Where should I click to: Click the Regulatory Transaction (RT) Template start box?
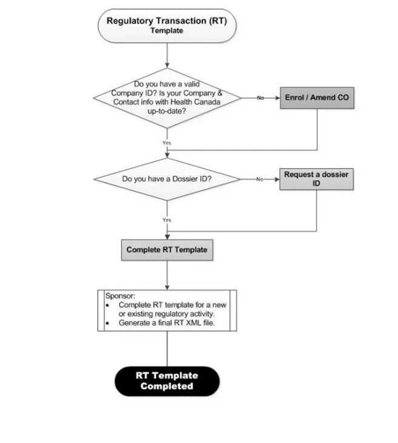point(167,25)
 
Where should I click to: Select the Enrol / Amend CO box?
point(317,98)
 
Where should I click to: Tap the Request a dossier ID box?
point(316,179)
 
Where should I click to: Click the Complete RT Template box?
point(167,250)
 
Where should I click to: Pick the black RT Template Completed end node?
point(167,381)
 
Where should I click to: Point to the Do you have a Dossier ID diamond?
point(167,179)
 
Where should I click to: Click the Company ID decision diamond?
point(167,98)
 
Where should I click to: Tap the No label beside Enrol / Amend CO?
point(260,98)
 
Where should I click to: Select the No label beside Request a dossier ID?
point(260,179)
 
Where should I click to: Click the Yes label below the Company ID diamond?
point(167,143)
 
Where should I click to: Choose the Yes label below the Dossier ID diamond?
point(167,220)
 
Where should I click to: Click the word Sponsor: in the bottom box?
point(120,296)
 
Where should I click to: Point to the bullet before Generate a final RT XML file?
point(107,323)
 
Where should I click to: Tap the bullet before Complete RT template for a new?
point(107,305)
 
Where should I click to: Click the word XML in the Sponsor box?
point(194,323)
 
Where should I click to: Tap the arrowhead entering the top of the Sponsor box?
point(167,287)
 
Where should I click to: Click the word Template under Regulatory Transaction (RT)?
point(167,30)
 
